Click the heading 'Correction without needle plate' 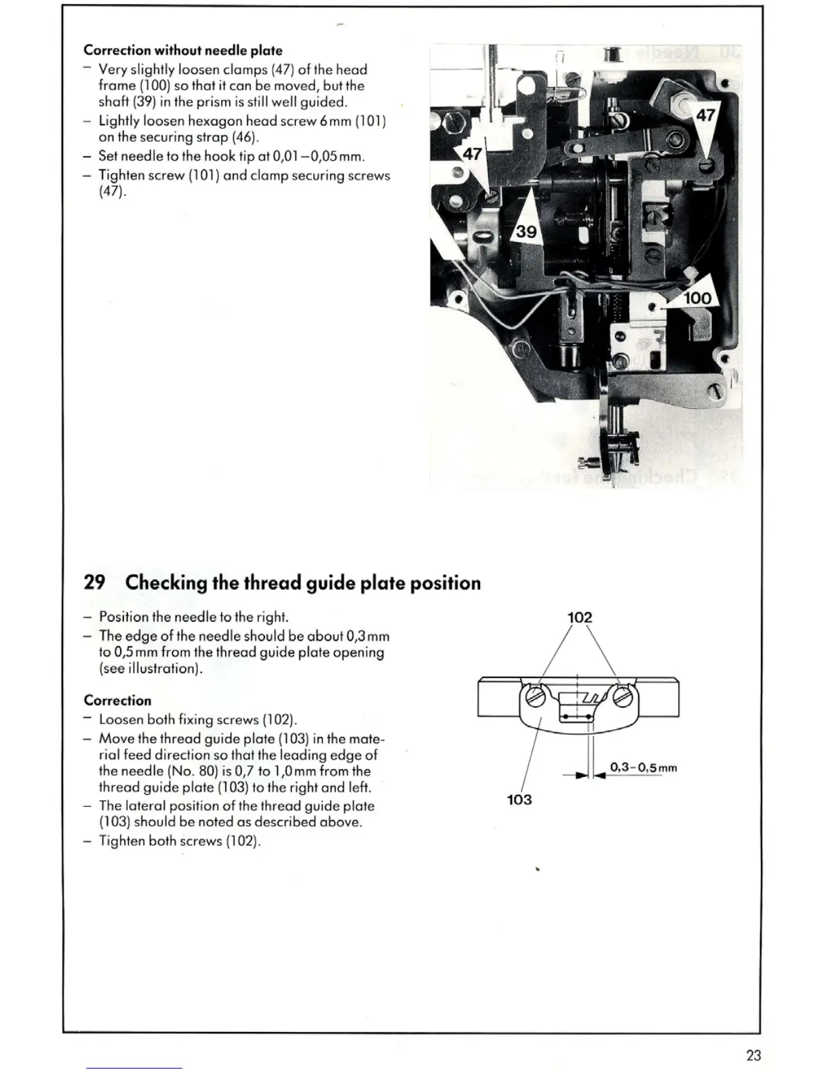tap(182, 50)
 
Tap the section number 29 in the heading tap(94, 582)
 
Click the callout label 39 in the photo tap(526, 232)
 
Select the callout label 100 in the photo tap(697, 298)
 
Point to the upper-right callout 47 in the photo tap(705, 115)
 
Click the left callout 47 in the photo tap(472, 154)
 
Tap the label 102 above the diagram tap(579, 617)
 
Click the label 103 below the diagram tap(519, 799)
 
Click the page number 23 tap(753, 1055)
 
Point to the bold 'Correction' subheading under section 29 tap(117, 700)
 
